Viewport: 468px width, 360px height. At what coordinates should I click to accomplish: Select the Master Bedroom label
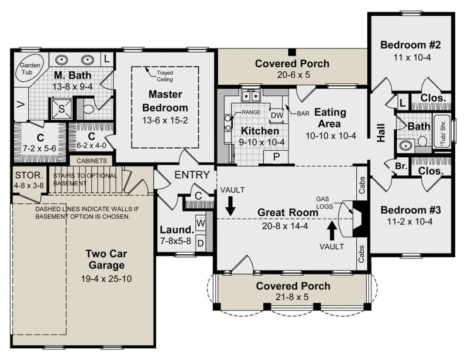pos(164,101)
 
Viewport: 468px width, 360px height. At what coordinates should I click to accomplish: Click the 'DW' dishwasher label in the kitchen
pos(277,116)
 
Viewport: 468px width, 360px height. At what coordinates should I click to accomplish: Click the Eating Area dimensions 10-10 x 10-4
pos(331,136)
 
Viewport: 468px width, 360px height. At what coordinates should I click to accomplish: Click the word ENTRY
pos(192,175)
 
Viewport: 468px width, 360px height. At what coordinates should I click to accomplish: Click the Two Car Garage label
pos(106,260)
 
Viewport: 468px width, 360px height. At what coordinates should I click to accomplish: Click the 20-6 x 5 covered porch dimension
pos(292,75)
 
